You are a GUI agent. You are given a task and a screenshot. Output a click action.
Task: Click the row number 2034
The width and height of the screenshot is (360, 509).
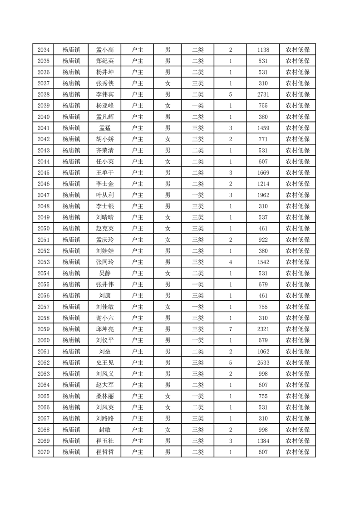44,50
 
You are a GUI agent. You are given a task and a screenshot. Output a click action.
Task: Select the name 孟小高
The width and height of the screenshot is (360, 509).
105,50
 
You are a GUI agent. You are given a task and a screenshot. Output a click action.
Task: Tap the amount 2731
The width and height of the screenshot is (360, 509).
263,94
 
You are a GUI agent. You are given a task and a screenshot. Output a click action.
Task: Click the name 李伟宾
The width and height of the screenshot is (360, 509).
105,94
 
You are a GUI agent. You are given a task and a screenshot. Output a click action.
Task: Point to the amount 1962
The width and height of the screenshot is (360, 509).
263,195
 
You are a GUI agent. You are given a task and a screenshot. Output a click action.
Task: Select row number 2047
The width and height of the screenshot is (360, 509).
44,195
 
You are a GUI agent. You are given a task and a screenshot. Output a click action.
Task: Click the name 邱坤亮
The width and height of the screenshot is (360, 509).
105,329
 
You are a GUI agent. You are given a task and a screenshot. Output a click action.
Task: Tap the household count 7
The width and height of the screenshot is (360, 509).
231,329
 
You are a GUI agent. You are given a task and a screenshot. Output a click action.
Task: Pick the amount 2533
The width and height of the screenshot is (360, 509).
263,362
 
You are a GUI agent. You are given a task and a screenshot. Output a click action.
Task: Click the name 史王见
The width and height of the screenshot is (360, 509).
105,362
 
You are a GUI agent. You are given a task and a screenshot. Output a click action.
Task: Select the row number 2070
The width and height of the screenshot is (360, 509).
44,452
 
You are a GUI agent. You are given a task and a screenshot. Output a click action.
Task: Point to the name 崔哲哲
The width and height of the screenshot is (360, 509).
105,452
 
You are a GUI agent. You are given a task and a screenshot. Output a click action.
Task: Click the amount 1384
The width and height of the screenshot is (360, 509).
263,440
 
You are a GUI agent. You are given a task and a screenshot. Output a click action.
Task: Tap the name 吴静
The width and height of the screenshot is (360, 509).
105,273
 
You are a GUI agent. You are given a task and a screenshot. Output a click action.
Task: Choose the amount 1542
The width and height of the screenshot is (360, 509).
263,262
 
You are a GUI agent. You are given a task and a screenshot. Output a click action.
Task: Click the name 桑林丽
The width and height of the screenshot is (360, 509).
105,396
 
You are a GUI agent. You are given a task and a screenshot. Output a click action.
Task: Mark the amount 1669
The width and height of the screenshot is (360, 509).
263,173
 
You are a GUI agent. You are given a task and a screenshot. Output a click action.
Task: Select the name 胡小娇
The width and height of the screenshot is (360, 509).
105,139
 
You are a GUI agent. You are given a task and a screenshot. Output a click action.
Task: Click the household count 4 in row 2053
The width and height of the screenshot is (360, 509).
231,262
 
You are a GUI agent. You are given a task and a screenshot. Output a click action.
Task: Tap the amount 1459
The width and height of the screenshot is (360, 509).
263,128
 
